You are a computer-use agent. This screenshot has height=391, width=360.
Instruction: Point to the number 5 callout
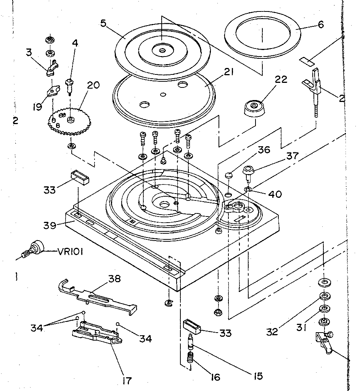103,23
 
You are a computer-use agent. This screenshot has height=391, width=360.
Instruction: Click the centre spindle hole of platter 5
162,50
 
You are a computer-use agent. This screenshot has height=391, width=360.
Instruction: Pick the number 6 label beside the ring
320,25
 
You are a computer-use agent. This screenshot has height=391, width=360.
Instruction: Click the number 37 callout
293,156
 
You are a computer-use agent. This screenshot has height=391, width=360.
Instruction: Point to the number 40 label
275,194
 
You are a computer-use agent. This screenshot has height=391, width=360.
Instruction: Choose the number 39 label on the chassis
50,225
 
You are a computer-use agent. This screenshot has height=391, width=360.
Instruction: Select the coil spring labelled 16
190,359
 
